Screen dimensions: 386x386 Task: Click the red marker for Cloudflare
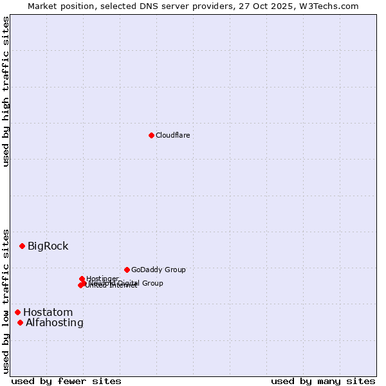click(x=151, y=135)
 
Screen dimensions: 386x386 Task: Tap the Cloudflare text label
click(x=172, y=135)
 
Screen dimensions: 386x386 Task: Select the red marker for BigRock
click(x=22, y=246)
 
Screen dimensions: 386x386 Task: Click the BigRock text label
click(x=48, y=246)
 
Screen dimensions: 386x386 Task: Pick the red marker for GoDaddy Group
click(x=127, y=270)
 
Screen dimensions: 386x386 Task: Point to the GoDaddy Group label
click(x=158, y=270)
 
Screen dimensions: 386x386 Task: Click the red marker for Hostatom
click(x=17, y=312)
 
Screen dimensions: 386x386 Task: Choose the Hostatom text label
click(x=48, y=312)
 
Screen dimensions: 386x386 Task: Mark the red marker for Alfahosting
click(x=20, y=322)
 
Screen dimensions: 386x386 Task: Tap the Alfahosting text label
click(x=54, y=322)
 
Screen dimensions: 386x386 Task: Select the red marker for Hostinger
click(x=82, y=279)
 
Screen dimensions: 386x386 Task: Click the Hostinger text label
click(x=102, y=279)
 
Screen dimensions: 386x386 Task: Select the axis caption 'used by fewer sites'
click(x=66, y=381)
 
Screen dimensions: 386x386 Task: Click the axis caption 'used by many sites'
click(x=323, y=381)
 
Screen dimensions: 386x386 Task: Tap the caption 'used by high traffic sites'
click(x=6, y=91)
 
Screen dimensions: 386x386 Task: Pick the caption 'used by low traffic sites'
click(x=6, y=301)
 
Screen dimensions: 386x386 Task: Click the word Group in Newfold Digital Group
click(x=151, y=283)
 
